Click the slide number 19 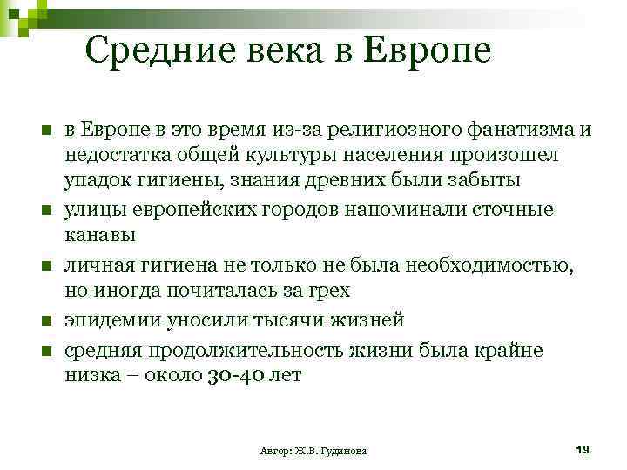(x=583, y=449)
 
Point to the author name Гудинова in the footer (x=342, y=451)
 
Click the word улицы (x=90, y=211)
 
